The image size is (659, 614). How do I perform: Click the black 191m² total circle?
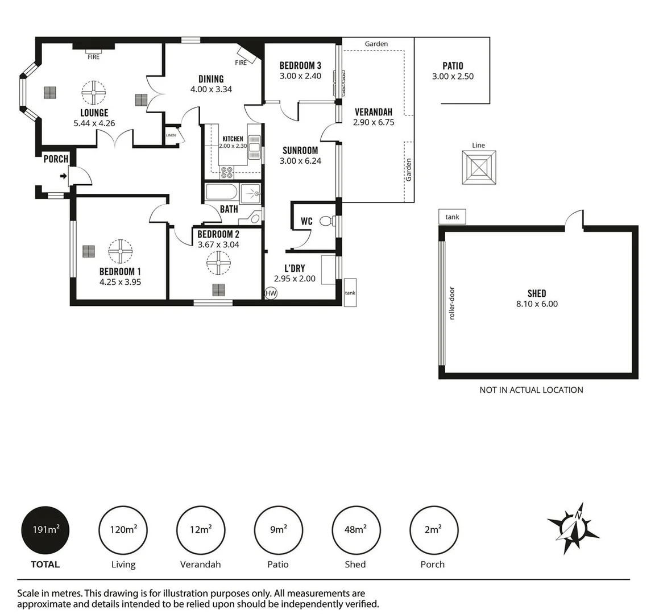click(45, 530)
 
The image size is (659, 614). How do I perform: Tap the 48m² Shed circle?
click(355, 530)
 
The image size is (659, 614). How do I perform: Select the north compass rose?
click(573, 528)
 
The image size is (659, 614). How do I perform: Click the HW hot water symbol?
click(271, 293)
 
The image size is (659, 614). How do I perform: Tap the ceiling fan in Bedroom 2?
click(219, 263)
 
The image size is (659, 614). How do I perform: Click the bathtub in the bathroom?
click(221, 193)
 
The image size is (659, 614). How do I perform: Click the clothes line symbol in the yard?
click(479, 167)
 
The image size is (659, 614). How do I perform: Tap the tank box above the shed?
click(453, 217)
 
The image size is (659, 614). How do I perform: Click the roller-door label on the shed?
click(453, 303)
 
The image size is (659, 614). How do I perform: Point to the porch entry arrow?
click(63, 176)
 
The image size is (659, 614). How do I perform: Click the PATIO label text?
click(453, 66)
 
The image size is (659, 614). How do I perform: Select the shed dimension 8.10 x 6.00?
click(537, 304)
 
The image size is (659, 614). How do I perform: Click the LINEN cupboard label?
click(171, 135)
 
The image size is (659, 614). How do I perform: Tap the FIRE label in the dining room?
click(241, 63)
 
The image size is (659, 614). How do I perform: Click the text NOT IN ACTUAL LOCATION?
click(531, 390)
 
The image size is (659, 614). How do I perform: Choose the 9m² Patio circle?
click(278, 530)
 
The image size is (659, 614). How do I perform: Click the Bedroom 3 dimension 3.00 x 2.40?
click(300, 76)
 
